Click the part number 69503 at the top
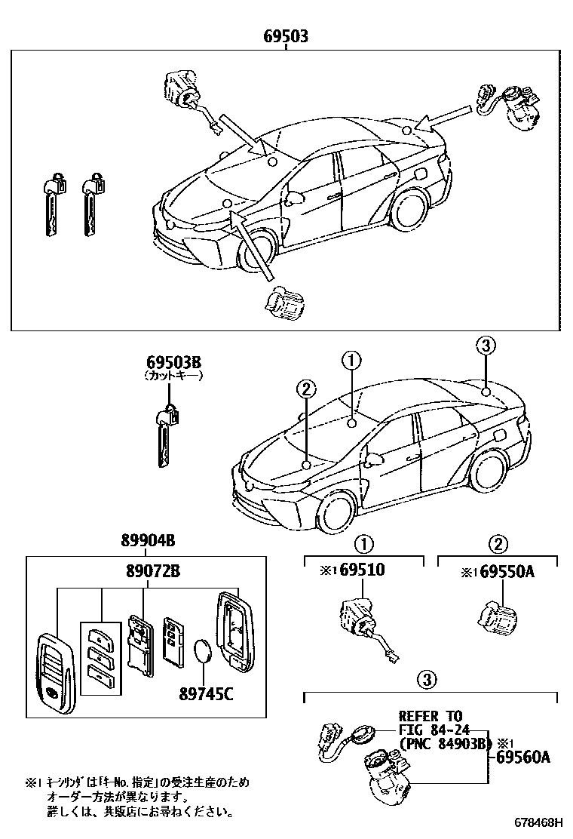tap(286, 36)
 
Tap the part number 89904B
tap(148, 540)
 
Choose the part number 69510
tap(362, 570)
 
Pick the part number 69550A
tap(507, 572)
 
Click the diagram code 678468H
tap(541, 822)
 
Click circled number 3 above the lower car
tap(486, 346)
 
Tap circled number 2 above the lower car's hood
tap(305, 389)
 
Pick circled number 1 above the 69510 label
tap(363, 544)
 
